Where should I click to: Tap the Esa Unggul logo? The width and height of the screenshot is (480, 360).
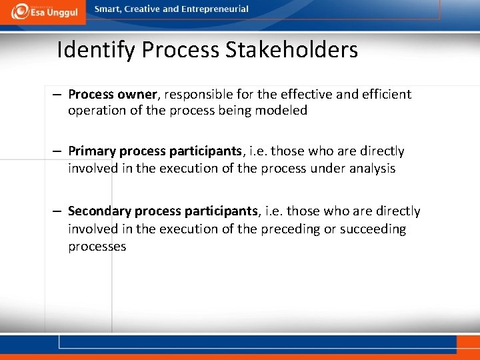pos(43,11)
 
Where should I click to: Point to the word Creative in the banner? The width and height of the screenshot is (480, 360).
pos(143,9)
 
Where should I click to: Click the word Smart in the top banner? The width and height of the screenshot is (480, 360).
pos(107,9)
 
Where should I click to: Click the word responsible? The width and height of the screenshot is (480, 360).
pos(196,94)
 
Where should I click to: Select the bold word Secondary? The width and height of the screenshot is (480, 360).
pos(99,211)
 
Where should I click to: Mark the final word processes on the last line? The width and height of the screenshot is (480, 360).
pos(97,246)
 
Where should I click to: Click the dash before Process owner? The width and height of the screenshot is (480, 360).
pos(59,94)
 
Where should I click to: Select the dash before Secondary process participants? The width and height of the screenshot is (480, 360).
pos(59,211)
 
